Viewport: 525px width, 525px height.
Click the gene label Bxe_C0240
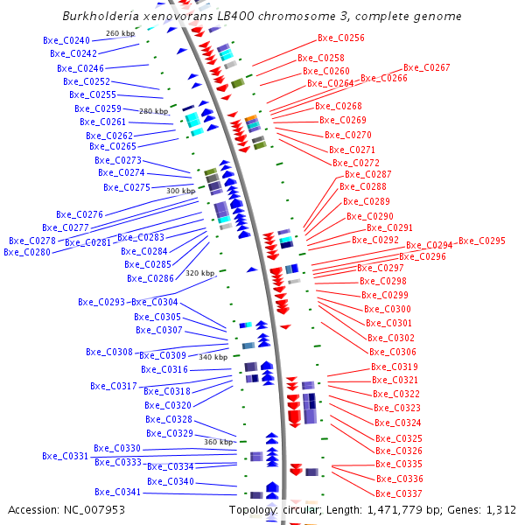pyautogui.click(x=66, y=41)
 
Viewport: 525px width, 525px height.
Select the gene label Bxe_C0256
pyautogui.click(x=341, y=38)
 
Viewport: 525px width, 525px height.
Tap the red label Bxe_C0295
pyautogui.click(x=482, y=241)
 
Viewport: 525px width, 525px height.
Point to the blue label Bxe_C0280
pyautogui.click(x=27, y=252)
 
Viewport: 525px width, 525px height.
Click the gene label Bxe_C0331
pyautogui.click(x=66, y=456)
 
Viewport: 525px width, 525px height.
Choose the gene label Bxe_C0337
pyautogui.click(x=400, y=493)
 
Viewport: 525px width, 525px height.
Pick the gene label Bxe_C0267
pyautogui.click(x=427, y=67)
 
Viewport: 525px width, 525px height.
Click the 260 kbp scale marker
pyautogui.click(x=120, y=33)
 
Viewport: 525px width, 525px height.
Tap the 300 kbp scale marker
pyautogui.click(x=181, y=191)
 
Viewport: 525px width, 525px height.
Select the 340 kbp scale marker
pyautogui.click(x=213, y=357)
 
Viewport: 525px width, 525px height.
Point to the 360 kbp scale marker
pyautogui.click(x=219, y=442)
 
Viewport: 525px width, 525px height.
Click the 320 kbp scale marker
pyautogui.click(x=199, y=273)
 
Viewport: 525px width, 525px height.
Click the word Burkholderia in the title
pyautogui.click(x=98, y=17)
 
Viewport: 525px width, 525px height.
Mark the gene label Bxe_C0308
pyautogui.click(x=109, y=352)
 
